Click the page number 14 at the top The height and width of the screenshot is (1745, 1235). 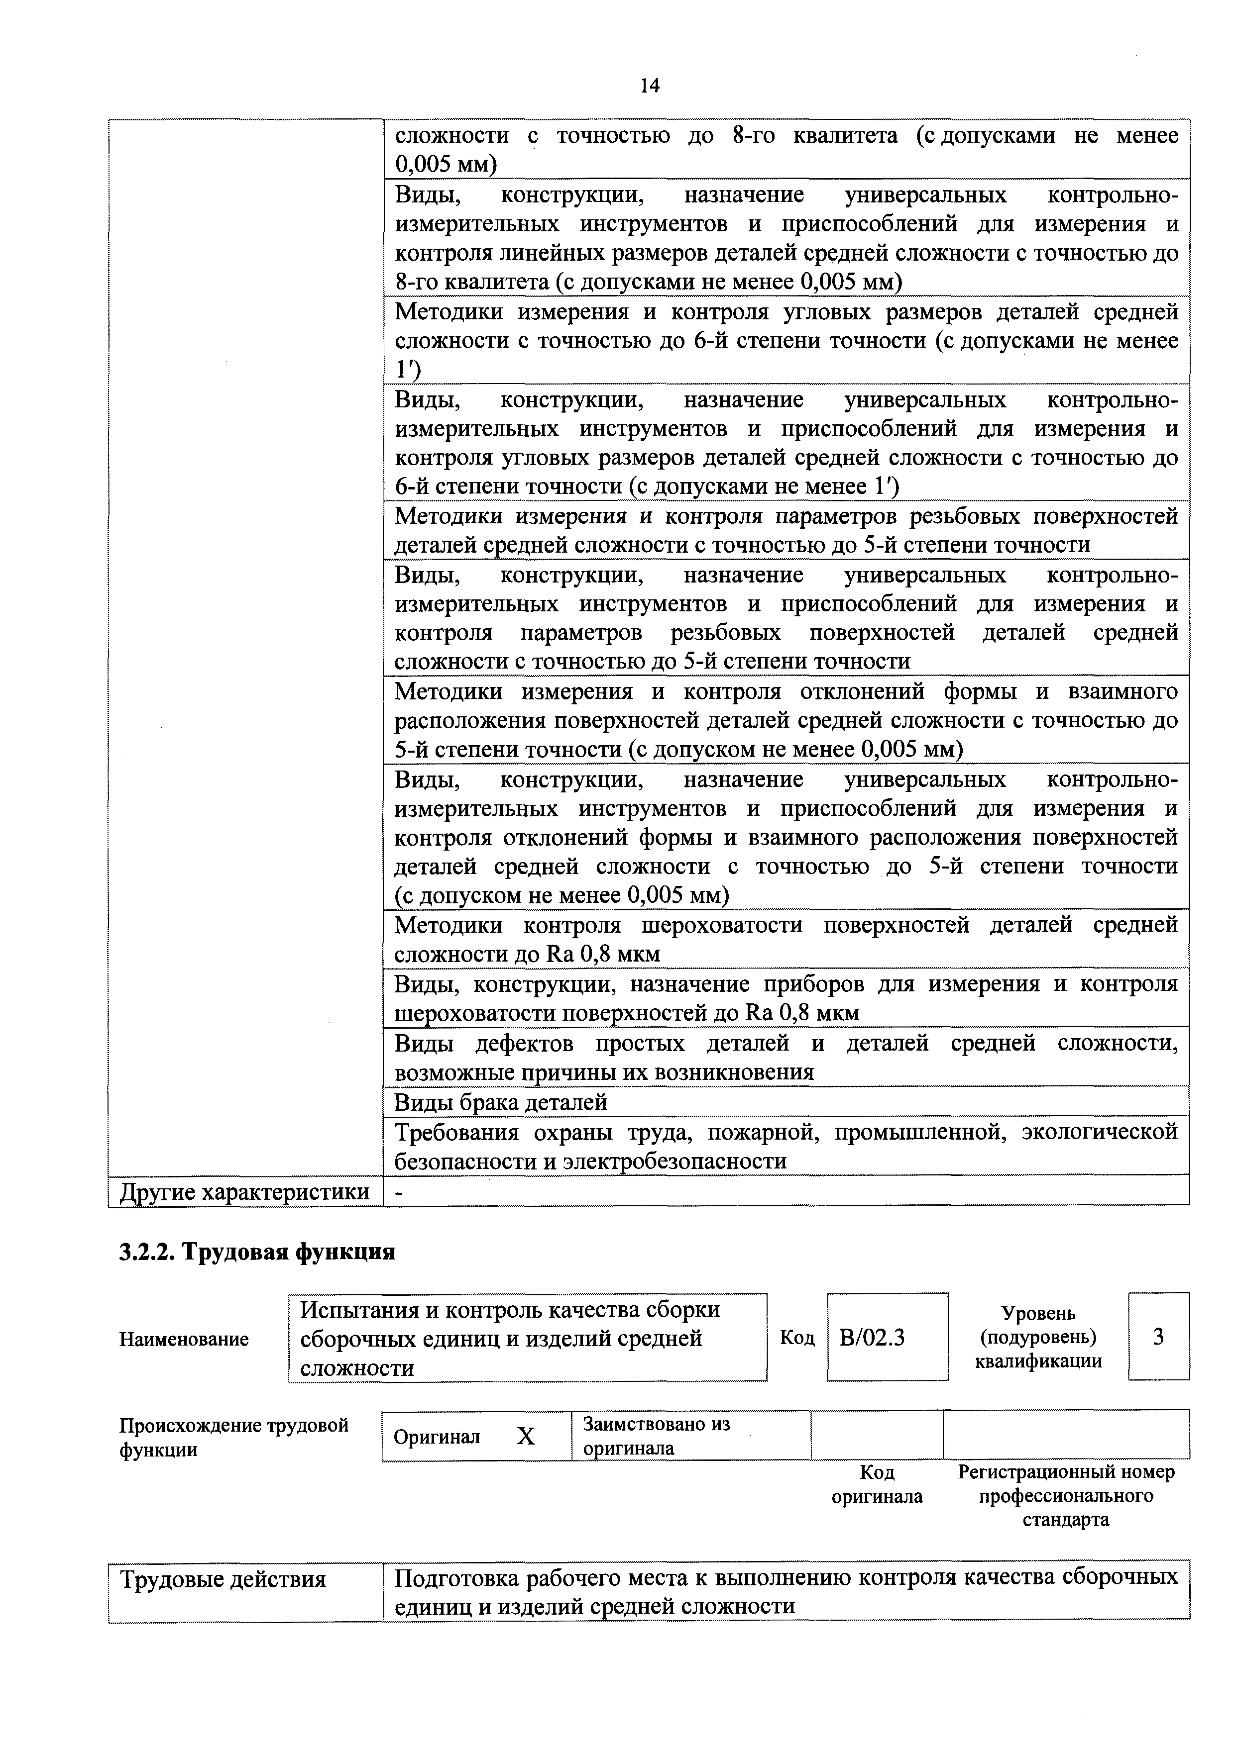pos(650,86)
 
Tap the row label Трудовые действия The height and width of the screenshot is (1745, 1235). pos(223,1580)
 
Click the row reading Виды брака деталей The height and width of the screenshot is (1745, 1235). pos(500,1102)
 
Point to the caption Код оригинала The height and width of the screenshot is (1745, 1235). pos(877,1484)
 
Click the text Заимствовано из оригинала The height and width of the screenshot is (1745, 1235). pos(656,1436)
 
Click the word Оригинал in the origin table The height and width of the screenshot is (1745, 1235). pos(437,1437)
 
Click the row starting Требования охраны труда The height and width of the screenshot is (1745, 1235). pos(786,1147)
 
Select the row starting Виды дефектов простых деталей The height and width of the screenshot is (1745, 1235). pos(786,1057)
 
